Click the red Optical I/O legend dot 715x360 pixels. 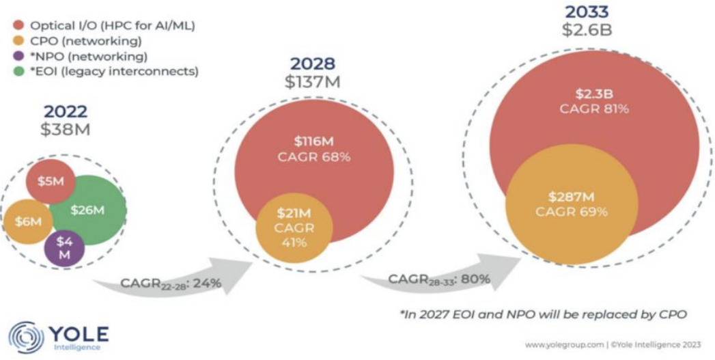coord(19,25)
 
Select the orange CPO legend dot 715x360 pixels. coord(19,41)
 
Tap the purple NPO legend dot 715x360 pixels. coord(19,57)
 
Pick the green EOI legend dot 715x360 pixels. coord(19,72)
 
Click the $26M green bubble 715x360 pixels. coord(87,210)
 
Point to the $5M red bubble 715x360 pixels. coord(50,182)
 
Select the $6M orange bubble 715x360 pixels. coord(28,222)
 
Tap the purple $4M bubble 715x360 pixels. coord(64,249)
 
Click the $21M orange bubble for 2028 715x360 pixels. coord(294,227)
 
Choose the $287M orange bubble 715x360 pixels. coord(572,204)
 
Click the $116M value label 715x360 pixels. coord(314,142)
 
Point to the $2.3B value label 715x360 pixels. coord(594,94)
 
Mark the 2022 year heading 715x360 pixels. coord(65,112)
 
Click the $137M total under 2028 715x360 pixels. coord(312,83)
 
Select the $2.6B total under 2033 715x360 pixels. coord(587,29)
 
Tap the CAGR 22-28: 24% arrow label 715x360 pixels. coord(171,283)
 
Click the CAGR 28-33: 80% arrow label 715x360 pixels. coord(440,279)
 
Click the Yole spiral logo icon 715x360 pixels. coord(26,337)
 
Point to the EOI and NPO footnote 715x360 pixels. coord(543,314)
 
